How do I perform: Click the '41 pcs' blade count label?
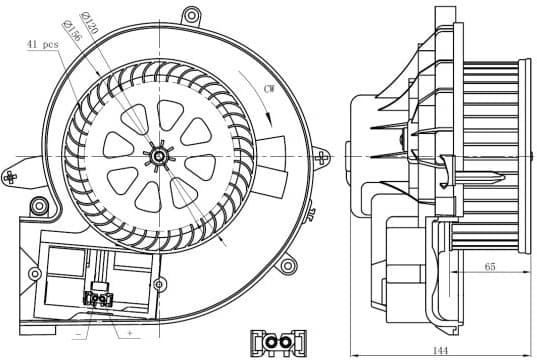(x=43, y=45)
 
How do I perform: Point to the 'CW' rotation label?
(x=269, y=90)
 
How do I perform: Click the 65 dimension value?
(x=489, y=267)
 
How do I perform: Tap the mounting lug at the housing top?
(x=188, y=15)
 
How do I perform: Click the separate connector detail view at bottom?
(x=276, y=343)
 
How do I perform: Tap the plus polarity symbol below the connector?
(x=130, y=331)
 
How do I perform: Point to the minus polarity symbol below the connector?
(x=78, y=331)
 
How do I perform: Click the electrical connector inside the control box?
(x=99, y=298)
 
